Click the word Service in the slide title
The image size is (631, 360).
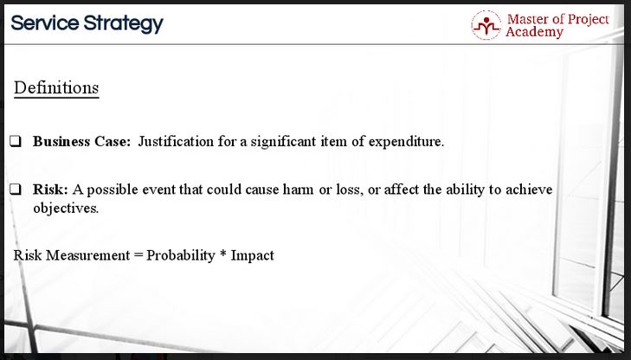tap(45, 22)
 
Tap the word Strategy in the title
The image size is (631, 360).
tap(124, 24)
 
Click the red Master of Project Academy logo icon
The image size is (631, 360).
tap(486, 25)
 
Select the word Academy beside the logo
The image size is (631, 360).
tap(534, 32)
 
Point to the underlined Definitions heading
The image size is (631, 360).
tap(56, 87)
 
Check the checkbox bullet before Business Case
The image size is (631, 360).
tap(16, 142)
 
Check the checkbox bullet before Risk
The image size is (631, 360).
tap(16, 189)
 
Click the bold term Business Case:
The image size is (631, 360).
tap(81, 142)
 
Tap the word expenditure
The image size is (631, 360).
tap(406, 142)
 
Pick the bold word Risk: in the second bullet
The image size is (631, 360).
tap(51, 190)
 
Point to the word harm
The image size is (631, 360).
tap(298, 190)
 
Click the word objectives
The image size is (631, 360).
tap(66, 208)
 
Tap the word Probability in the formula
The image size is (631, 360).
tap(181, 256)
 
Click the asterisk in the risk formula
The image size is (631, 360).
tap(223, 254)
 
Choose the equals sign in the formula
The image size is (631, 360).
tap(138, 256)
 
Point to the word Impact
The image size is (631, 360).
tap(253, 256)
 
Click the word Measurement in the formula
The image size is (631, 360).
tap(87, 255)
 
